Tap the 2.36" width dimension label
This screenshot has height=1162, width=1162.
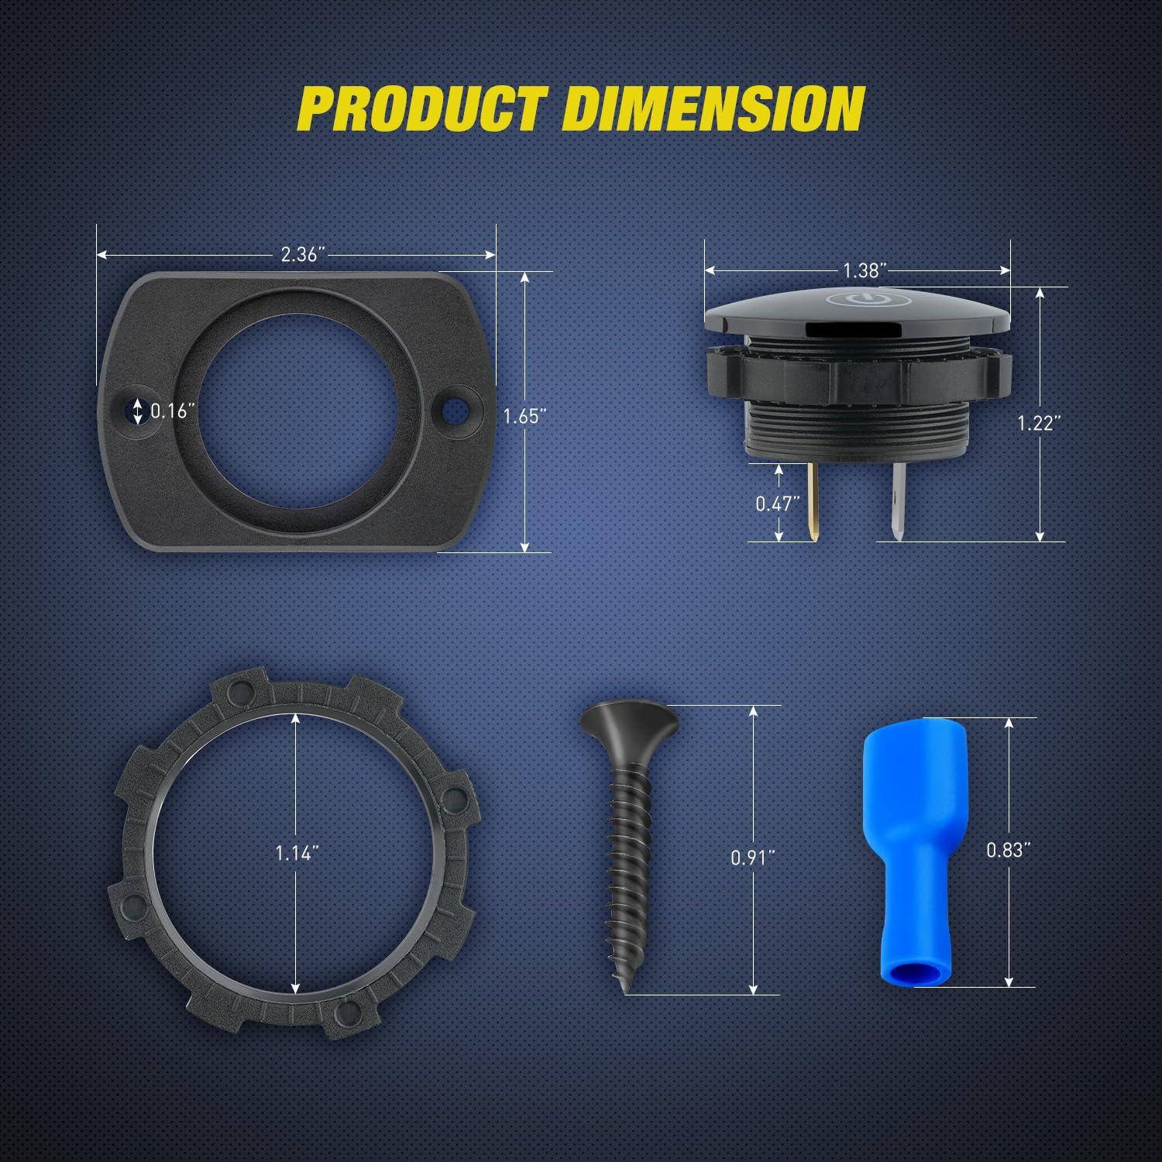point(302,254)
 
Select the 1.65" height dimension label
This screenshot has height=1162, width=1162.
point(524,416)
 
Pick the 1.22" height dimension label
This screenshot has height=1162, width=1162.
point(1039,422)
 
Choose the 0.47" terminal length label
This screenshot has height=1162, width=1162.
point(777,504)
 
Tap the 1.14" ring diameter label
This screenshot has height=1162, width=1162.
point(297,853)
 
